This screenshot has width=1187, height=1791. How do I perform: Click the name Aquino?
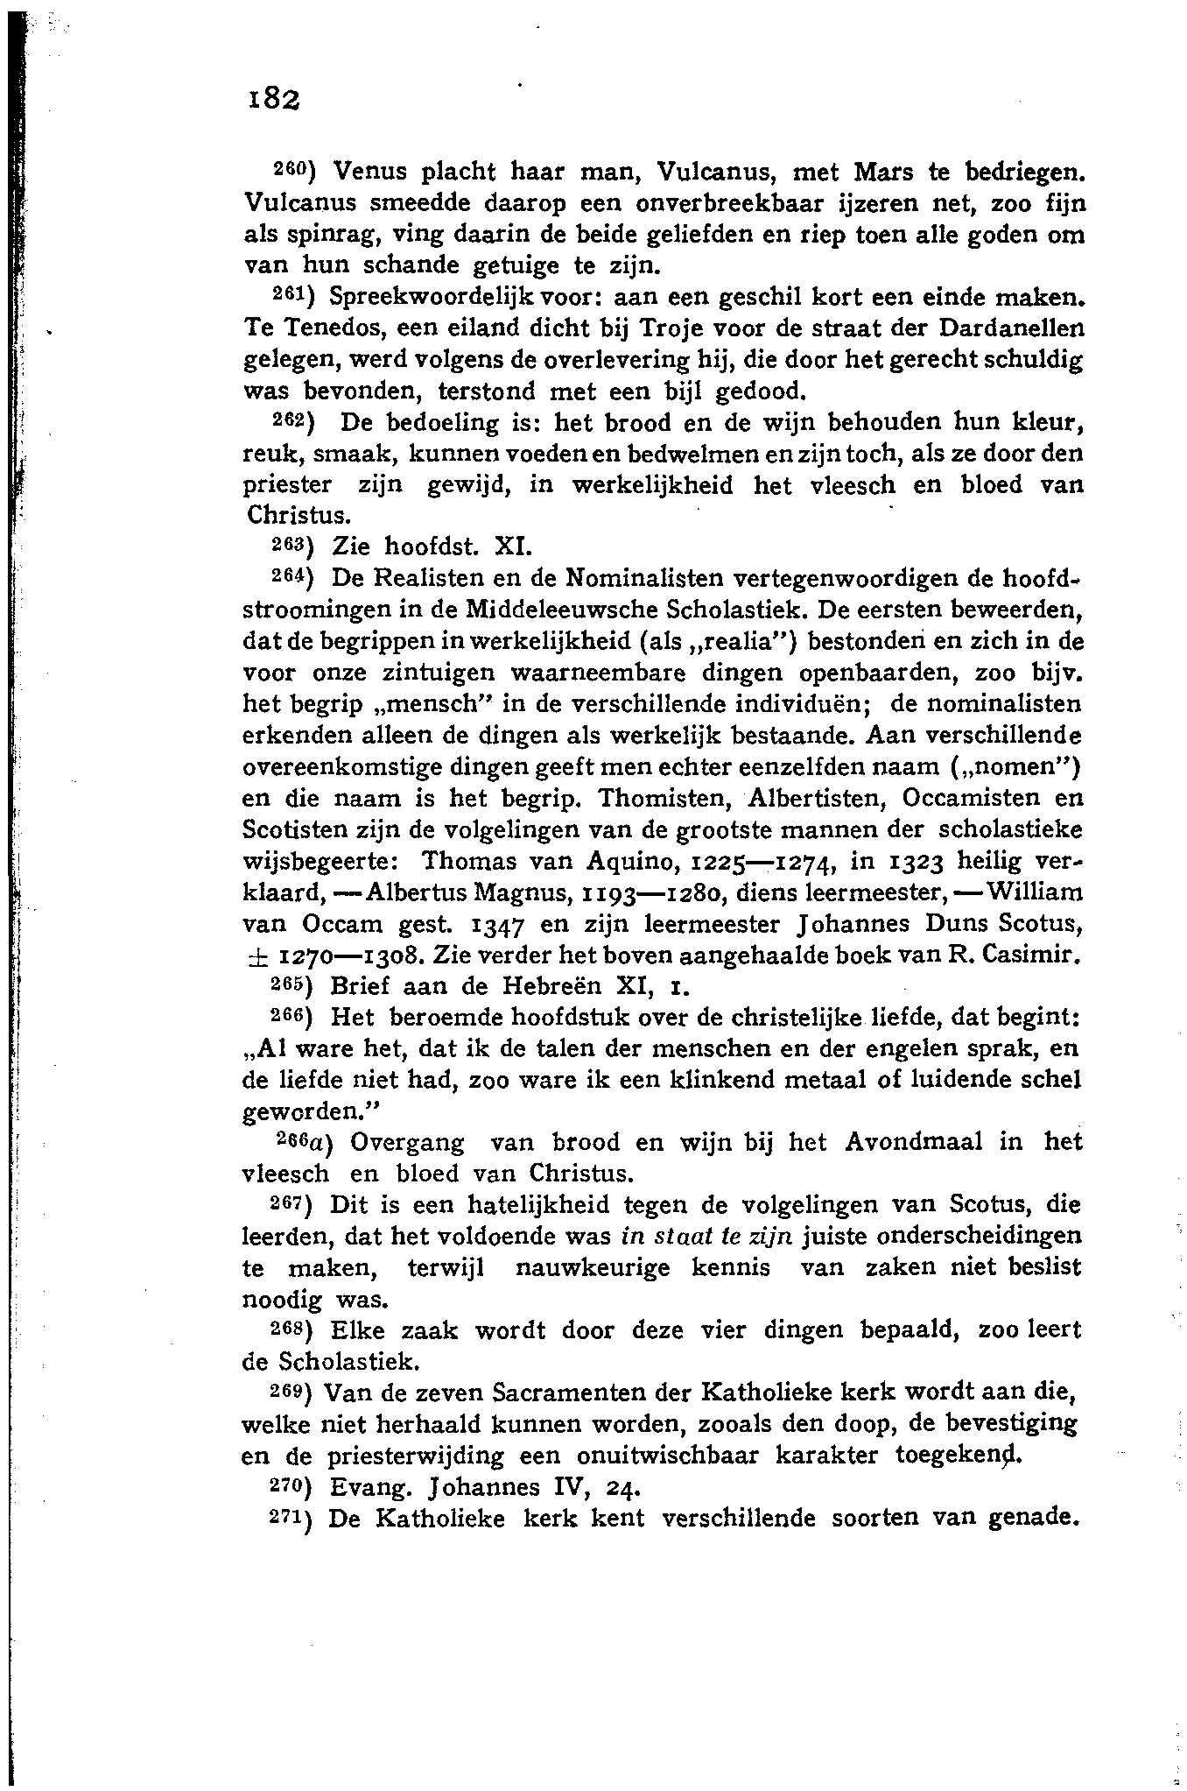[636, 862]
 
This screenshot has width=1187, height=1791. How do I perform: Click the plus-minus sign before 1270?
[257, 955]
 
